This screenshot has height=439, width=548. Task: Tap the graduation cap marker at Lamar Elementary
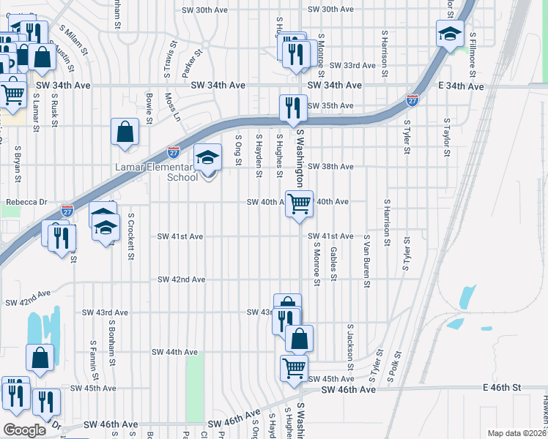tap(207, 158)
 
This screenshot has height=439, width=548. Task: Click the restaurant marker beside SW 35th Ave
tap(293, 108)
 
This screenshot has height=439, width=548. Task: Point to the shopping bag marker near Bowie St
tap(125, 133)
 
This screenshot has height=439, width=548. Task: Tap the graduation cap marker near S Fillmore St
tap(450, 34)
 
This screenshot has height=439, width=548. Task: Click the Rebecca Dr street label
tap(26, 202)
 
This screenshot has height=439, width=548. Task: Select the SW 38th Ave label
tap(331, 167)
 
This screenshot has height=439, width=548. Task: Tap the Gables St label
tap(333, 263)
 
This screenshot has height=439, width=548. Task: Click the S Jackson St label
tap(350, 346)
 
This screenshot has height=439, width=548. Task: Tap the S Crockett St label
tap(130, 236)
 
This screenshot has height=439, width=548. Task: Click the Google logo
tap(25, 430)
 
